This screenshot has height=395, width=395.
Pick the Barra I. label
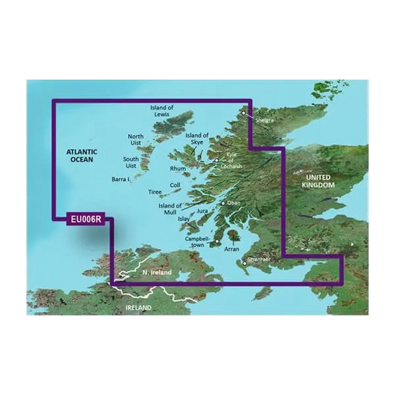pos(120,179)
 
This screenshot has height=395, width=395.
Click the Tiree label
pos(154,192)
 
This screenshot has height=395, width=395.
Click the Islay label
pos(185,219)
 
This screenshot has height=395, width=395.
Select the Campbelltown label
pos(198,242)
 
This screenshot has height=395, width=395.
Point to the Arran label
pos(233,250)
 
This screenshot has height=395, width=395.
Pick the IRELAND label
pos(138,307)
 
